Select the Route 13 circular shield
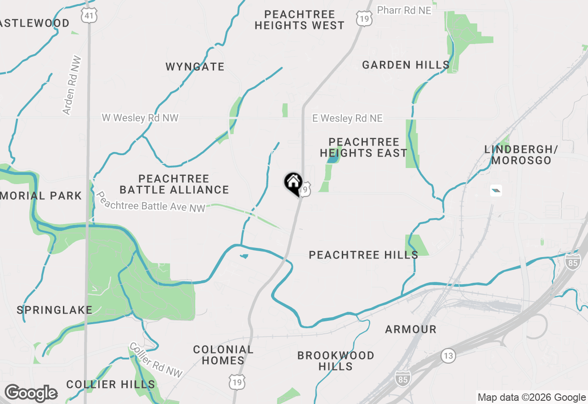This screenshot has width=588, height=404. [448, 355]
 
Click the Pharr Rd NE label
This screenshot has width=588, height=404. [404, 10]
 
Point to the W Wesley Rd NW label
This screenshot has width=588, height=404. [140, 118]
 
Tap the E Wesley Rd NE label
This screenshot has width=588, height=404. [347, 118]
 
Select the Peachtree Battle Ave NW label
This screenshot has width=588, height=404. [150, 202]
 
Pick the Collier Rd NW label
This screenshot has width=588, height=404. [156, 360]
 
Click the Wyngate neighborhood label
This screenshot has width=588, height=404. [195, 67]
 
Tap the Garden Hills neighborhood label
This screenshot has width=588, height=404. [406, 65]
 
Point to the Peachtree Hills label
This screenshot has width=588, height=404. [363, 255]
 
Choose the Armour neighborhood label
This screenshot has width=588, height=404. [411, 329]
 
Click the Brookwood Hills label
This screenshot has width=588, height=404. [336, 361]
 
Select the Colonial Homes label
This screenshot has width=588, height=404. [223, 355]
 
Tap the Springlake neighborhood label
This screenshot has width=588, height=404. [55, 310]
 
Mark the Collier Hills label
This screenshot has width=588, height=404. [110, 384]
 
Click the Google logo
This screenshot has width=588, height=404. [31, 393]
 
